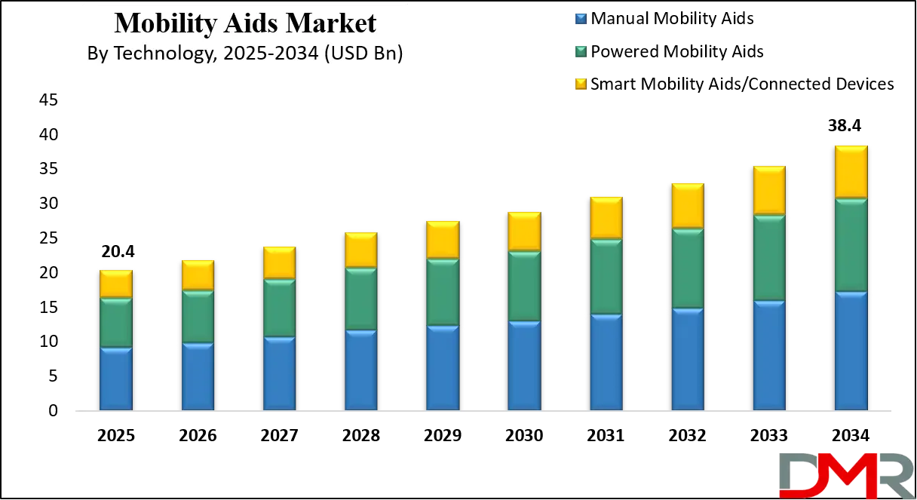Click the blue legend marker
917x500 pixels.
point(581,18)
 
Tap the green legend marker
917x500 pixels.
point(581,51)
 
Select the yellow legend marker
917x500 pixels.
point(581,84)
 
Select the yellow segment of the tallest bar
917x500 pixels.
point(851,172)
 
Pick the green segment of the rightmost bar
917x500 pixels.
point(851,245)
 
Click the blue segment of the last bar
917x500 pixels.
point(851,351)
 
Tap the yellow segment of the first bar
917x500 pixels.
point(115,284)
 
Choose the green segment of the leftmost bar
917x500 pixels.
point(115,323)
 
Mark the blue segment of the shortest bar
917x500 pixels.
point(115,379)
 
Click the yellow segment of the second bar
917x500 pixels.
point(198,275)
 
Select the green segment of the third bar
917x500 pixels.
point(279,308)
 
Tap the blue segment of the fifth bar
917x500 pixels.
point(443,368)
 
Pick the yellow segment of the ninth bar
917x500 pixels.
point(769,190)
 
